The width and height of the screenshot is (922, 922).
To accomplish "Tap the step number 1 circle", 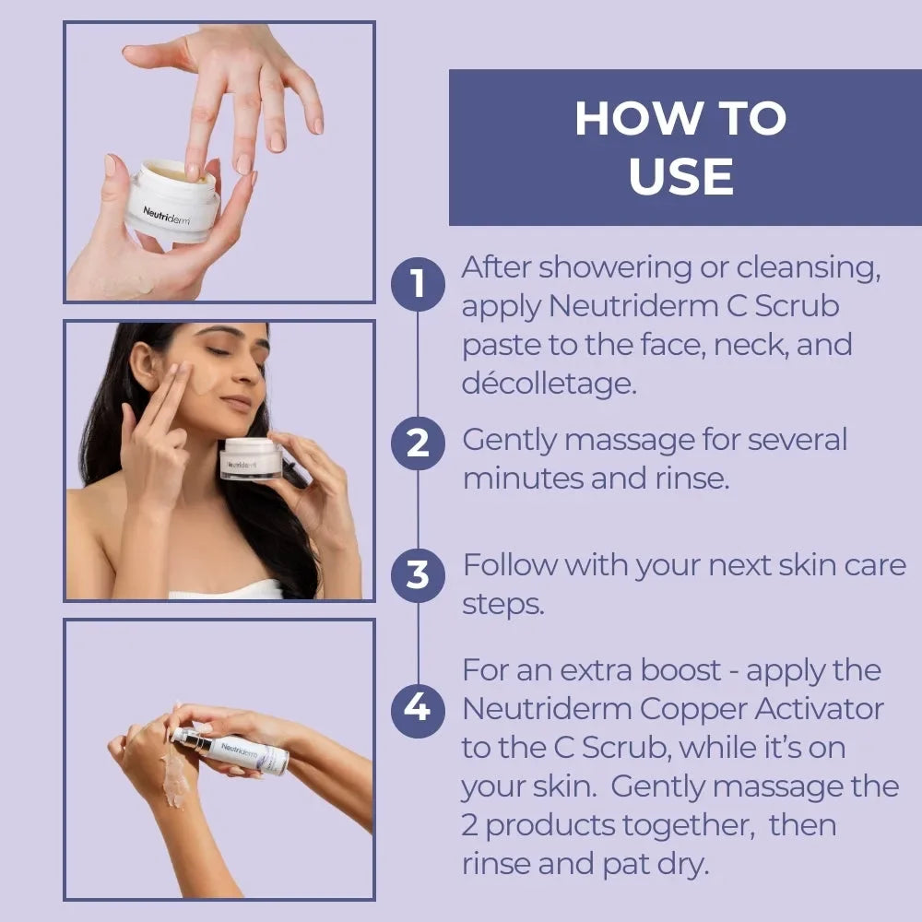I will pos(418,283).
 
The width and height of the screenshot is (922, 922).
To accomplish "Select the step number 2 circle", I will pos(418,443).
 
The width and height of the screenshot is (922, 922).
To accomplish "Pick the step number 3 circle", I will pos(418,574).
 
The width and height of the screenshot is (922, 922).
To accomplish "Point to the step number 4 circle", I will pos(418,708).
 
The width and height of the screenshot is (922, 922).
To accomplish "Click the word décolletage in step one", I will pos(550,383).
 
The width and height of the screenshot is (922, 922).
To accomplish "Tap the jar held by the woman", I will pos(250,458).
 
